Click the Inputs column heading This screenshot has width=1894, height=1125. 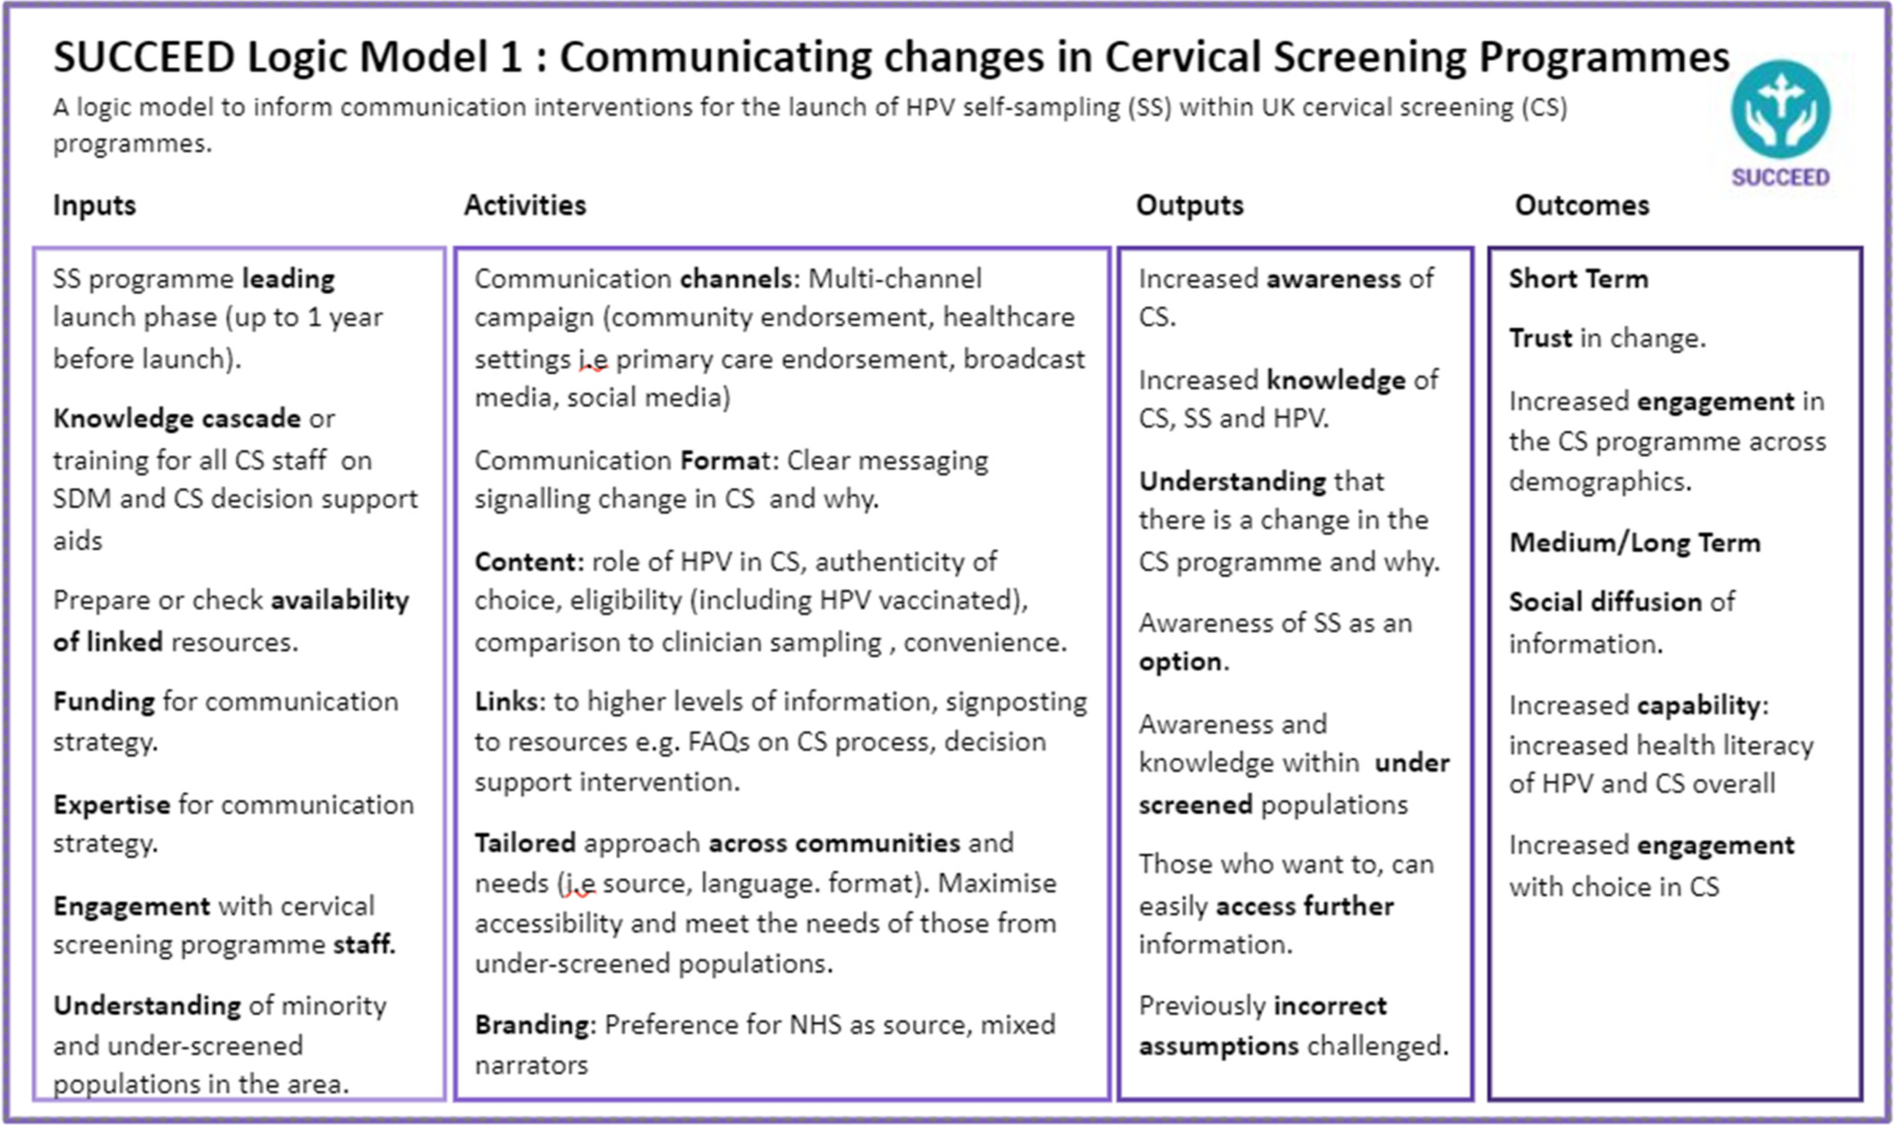[95, 206]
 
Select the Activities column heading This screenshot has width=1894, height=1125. [525, 206]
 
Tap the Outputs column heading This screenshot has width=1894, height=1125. [1189, 206]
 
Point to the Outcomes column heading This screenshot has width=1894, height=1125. [1582, 206]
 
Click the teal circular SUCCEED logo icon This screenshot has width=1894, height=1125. [1780, 110]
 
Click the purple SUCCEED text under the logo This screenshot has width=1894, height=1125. [1780, 177]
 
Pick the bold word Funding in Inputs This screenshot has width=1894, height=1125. [104, 702]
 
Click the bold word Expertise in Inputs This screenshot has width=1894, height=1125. [112, 805]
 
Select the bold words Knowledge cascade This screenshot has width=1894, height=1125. [177, 419]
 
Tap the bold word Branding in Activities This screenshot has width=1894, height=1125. [532, 1025]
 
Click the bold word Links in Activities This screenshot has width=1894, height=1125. [507, 702]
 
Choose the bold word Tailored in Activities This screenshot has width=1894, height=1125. [525, 843]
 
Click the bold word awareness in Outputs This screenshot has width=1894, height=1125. [1333, 279]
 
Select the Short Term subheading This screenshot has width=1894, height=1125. [1578, 279]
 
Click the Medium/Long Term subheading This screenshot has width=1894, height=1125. [1635, 543]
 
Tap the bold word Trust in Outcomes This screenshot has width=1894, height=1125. [1541, 338]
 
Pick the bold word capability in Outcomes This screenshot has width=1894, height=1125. [1698, 706]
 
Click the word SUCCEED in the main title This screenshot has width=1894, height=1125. [144, 57]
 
